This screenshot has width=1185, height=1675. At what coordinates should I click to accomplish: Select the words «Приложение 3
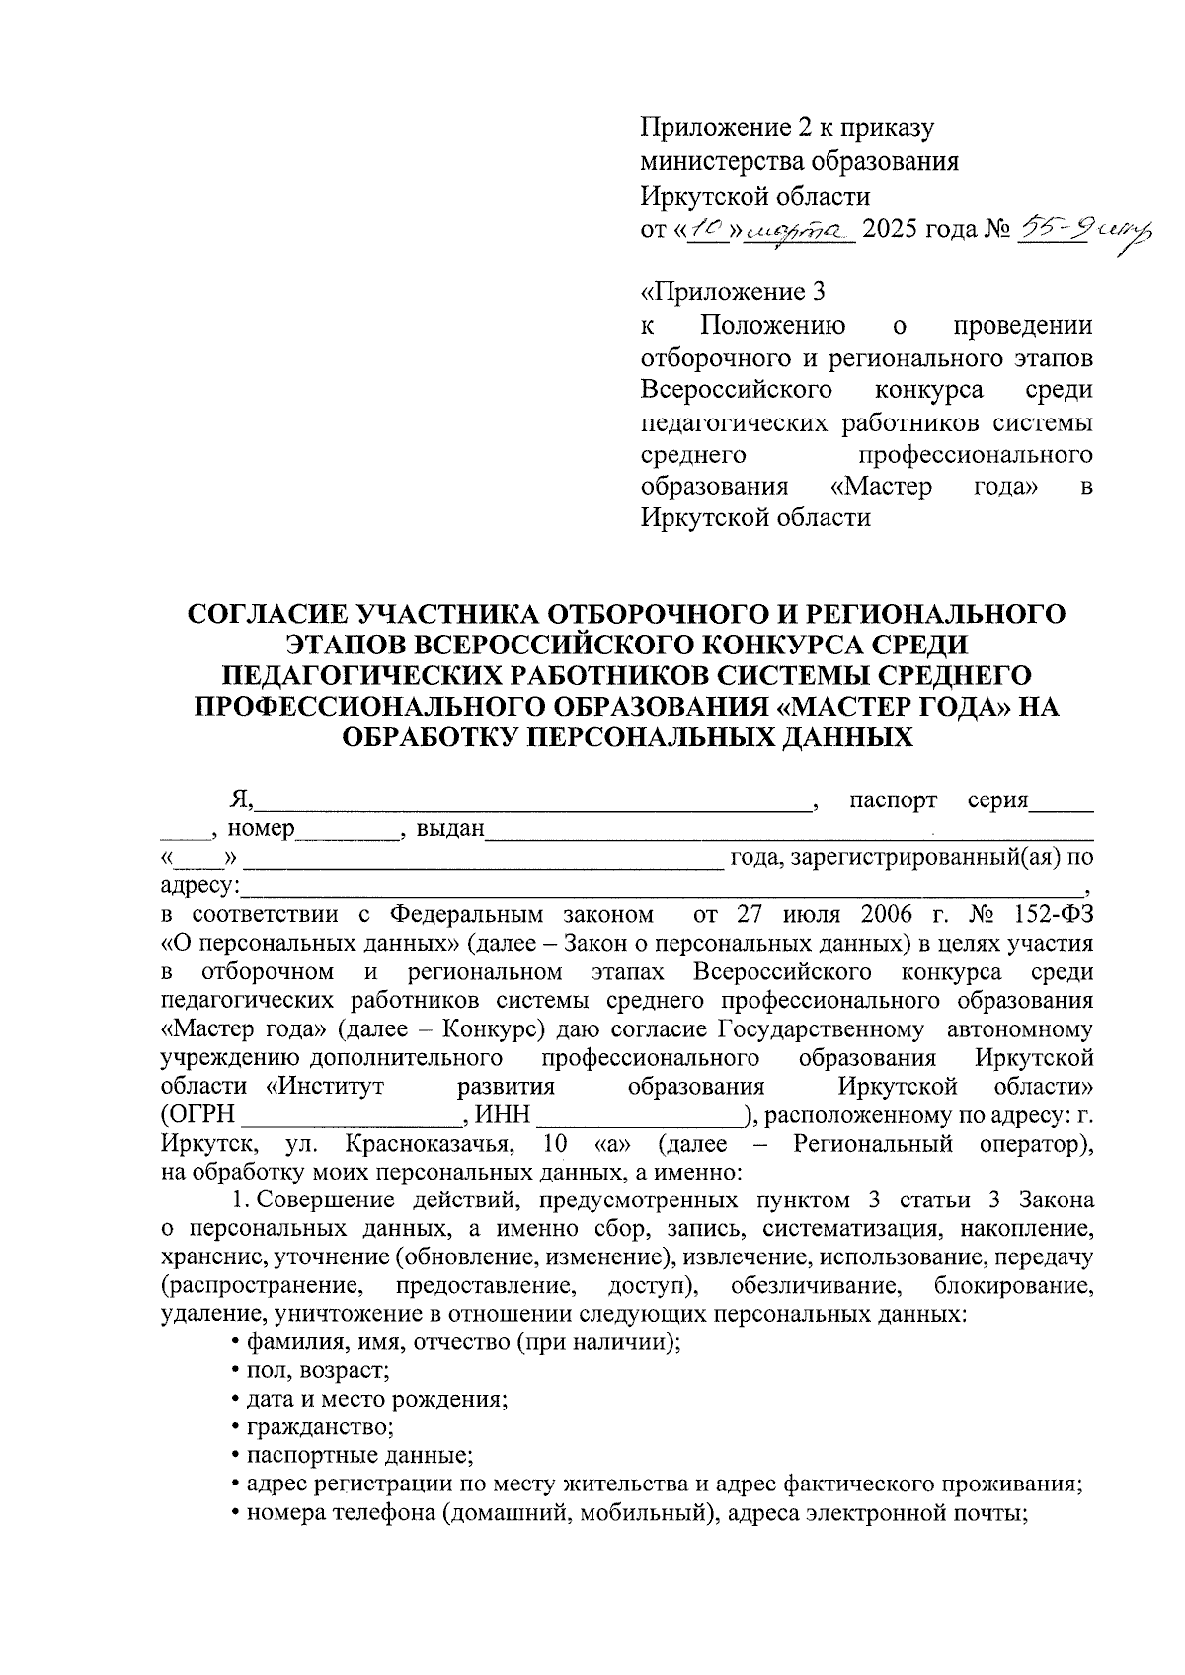[732, 293]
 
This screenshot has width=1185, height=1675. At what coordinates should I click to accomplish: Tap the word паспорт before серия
[893, 800]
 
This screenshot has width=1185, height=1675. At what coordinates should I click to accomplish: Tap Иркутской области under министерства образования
[755, 195]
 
